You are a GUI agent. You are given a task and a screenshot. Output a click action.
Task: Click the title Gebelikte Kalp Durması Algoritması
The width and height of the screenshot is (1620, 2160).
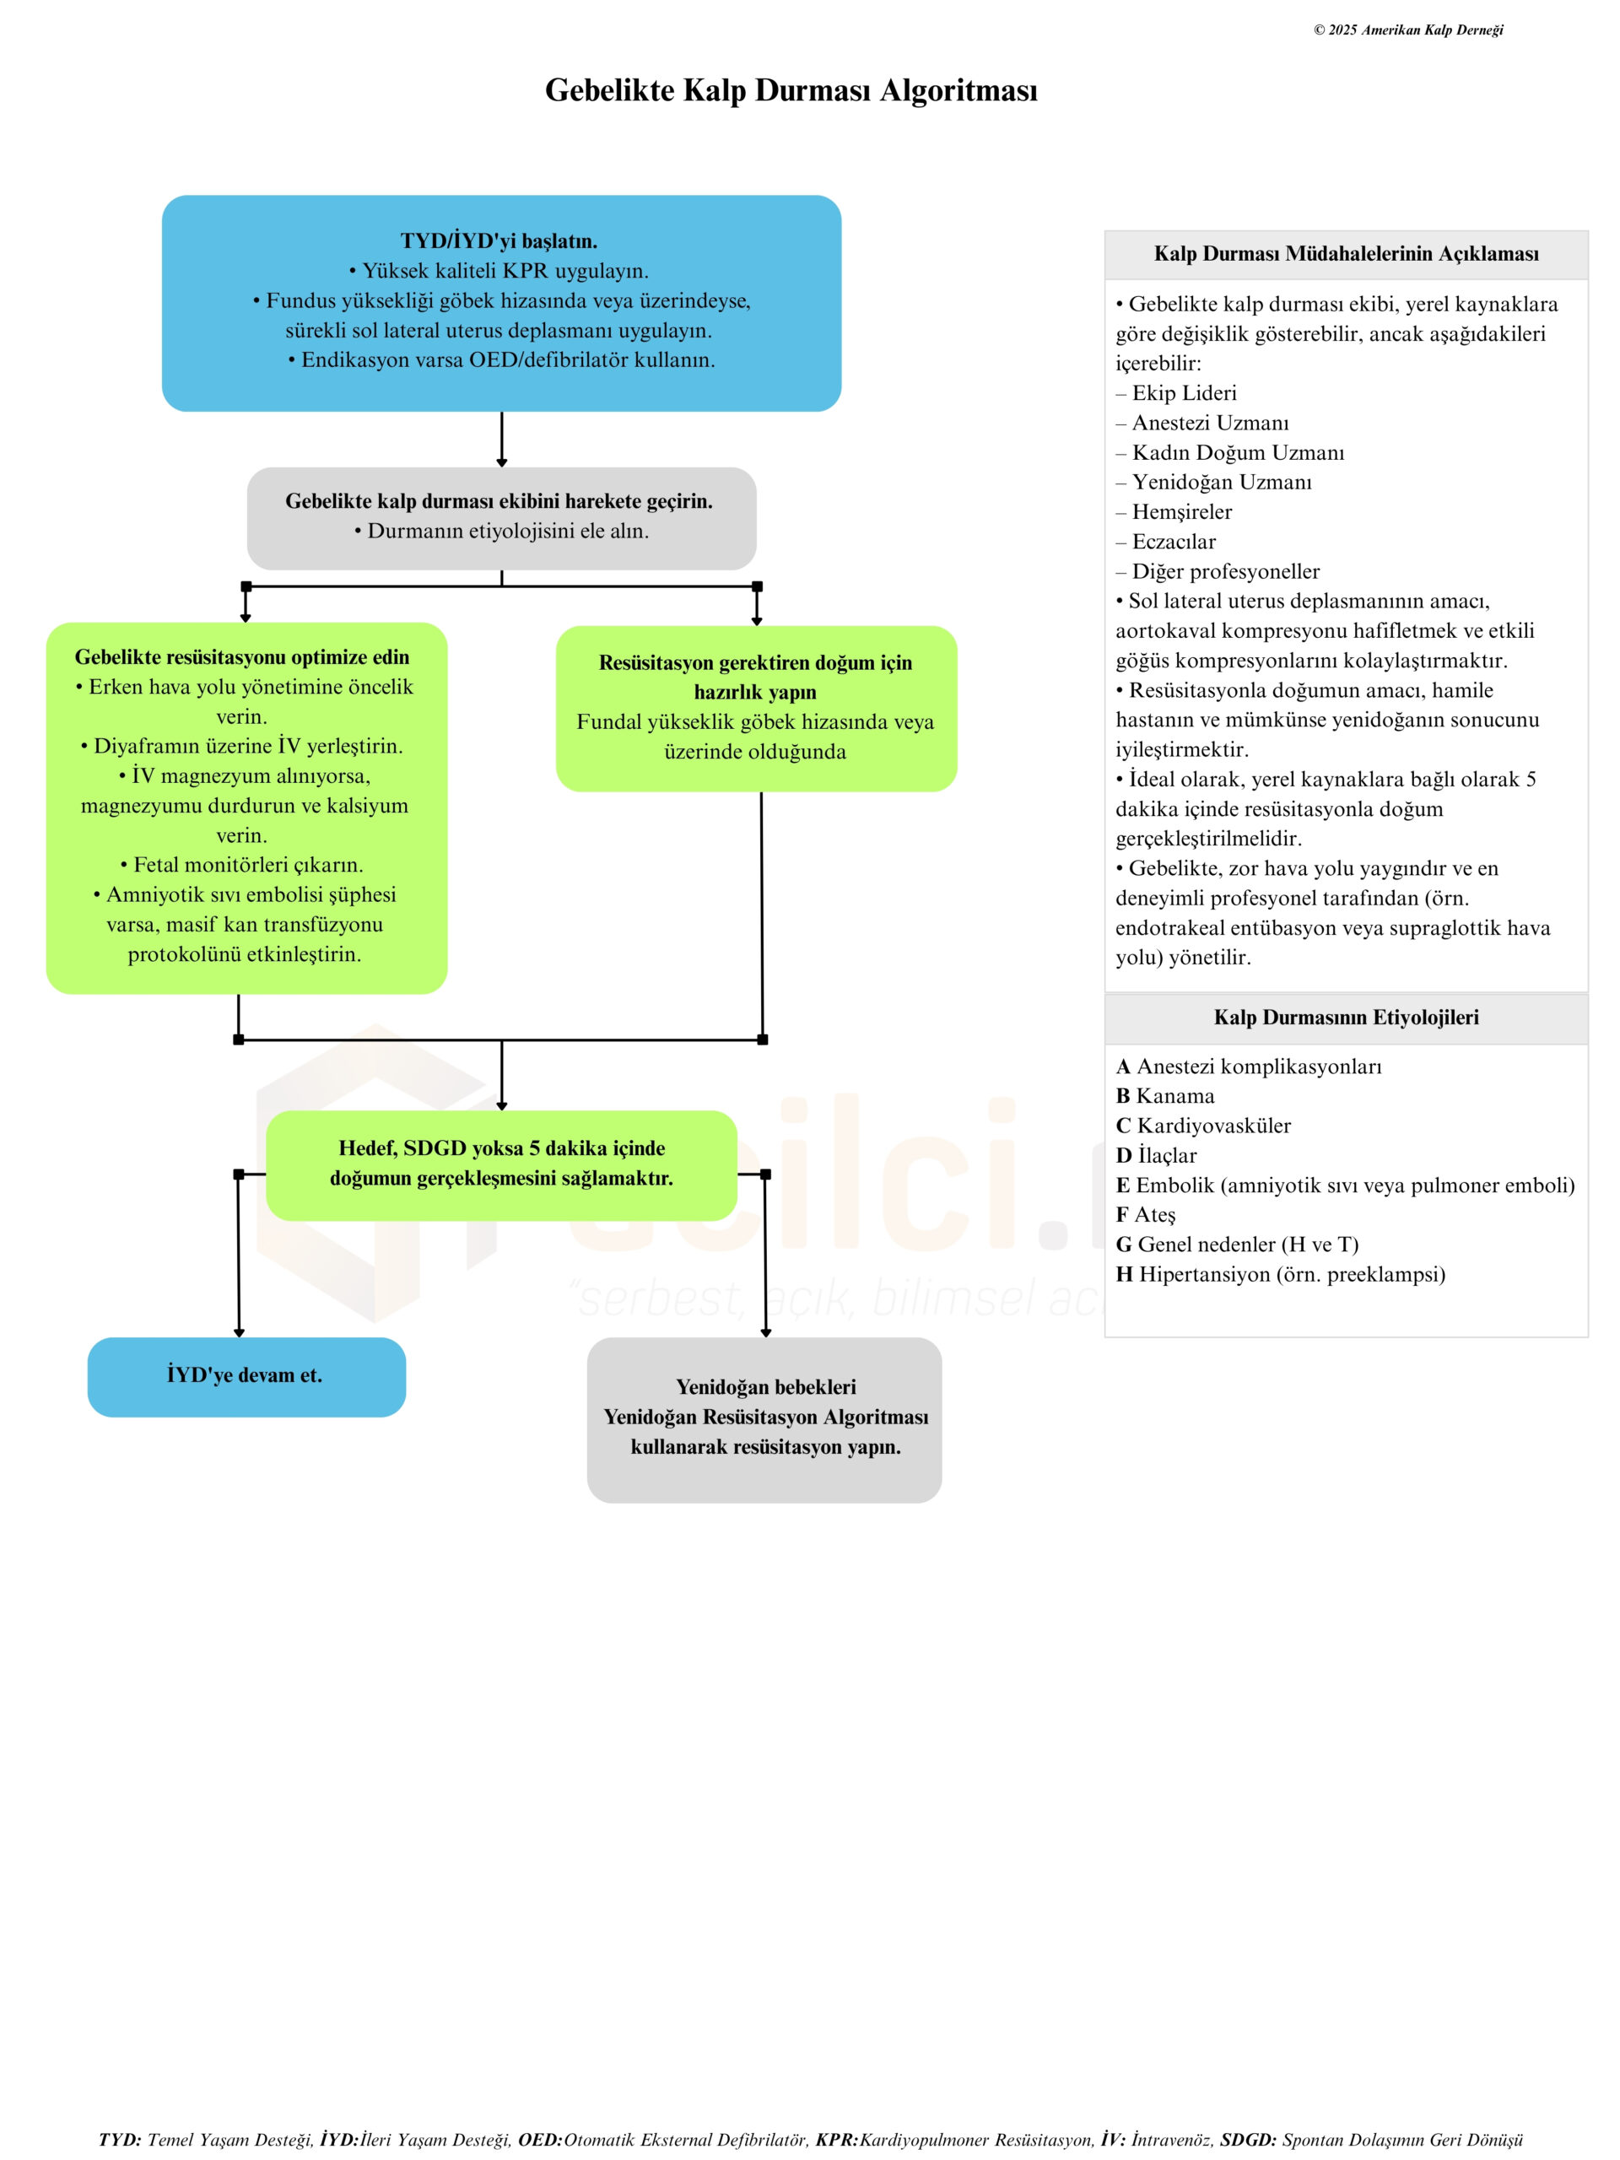tap(790, 89)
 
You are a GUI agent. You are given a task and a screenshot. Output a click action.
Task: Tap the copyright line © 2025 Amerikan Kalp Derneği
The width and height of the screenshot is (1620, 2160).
tap(1407, 30)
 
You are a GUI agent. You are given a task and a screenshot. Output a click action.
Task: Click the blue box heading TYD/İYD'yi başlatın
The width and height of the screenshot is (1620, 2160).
tap(498, 241)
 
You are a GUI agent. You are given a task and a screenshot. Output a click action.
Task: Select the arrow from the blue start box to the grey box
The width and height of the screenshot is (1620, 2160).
tap(502, 439)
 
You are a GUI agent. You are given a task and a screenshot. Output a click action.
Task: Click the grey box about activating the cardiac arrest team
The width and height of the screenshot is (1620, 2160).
tap(501, 517)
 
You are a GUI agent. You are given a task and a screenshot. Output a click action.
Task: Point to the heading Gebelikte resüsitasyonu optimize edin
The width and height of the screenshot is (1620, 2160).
tap(242, 657)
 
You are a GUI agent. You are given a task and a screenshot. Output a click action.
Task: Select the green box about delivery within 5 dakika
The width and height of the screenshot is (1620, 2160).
tap(501, 1164)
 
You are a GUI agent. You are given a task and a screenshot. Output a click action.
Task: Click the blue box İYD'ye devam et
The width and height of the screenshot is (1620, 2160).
tap(245, 1376)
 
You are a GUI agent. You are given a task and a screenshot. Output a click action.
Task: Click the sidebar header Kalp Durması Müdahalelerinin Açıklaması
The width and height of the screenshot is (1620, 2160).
tap(1346, 255)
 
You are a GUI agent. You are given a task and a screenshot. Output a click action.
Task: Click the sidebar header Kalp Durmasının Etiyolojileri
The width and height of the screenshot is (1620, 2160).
tap(1346, 1018)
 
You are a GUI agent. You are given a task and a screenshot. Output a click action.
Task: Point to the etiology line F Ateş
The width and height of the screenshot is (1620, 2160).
tap(1147, 1215)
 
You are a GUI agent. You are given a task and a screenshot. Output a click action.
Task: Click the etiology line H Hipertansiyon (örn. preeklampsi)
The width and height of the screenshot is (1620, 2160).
tap(1280, 1274)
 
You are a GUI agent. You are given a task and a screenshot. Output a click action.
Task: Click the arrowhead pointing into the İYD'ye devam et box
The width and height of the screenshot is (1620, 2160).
tap(240, 1332)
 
